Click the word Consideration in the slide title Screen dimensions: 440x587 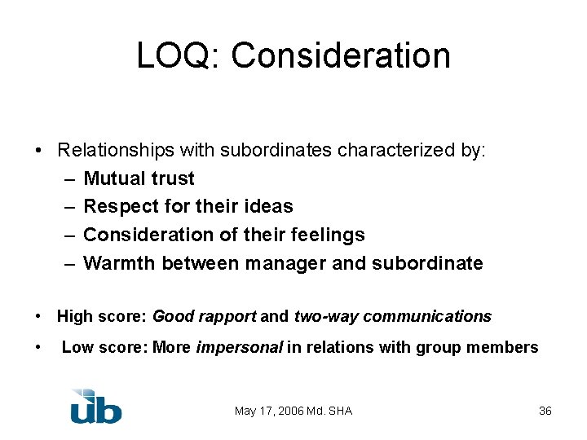(x=341, y=56)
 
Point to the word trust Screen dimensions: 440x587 (x=172, y=178)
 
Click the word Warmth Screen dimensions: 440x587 (x=120, y=263)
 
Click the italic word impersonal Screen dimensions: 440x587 (x=239, y=348)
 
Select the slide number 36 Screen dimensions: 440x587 (x=545, y=411)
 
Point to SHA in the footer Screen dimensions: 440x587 (x=340, y=411)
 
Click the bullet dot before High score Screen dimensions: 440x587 (x=39, y=316)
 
